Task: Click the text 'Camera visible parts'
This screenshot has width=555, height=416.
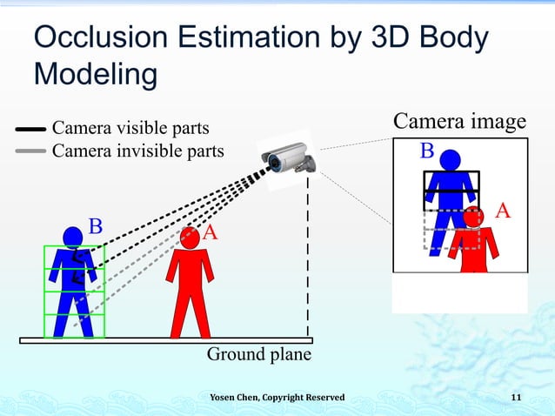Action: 130,129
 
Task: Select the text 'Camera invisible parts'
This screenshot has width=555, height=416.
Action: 138,151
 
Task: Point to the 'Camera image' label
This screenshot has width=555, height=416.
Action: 459,121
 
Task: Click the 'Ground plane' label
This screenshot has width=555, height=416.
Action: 258,354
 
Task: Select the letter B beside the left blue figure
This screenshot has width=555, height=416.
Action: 96,227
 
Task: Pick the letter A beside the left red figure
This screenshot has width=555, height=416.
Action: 211,233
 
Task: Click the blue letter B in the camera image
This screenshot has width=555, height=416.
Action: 427,151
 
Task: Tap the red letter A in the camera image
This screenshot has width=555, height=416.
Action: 502,211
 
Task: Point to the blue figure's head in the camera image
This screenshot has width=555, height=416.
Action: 450,161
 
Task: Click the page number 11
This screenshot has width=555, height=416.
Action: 516,398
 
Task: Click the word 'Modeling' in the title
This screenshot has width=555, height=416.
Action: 95,74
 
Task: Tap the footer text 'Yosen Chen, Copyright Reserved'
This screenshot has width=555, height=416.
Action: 277,398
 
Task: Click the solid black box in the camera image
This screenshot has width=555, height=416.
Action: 451,191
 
